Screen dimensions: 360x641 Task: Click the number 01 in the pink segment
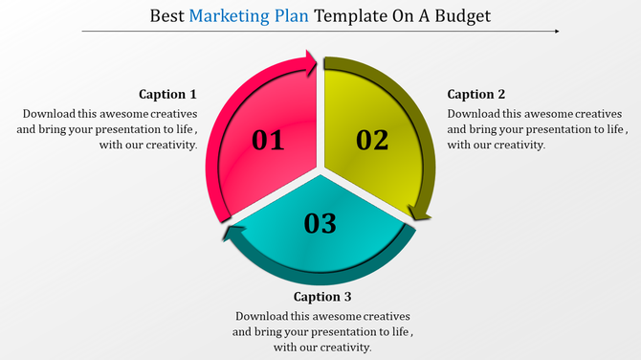tap(268, 142)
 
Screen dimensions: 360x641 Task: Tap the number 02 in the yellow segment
tap(372, 141)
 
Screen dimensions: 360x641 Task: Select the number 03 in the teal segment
tap(320, 224)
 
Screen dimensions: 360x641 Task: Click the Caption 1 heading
tap(167, 94)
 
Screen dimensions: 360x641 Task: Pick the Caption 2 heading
tap(476, 94)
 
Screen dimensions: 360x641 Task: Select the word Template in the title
tap(348, 16)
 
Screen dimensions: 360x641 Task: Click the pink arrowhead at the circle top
tap(311, 66)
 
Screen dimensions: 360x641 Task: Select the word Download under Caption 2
tap(475, 113)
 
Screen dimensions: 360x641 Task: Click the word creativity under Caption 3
tap(342, 347)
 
